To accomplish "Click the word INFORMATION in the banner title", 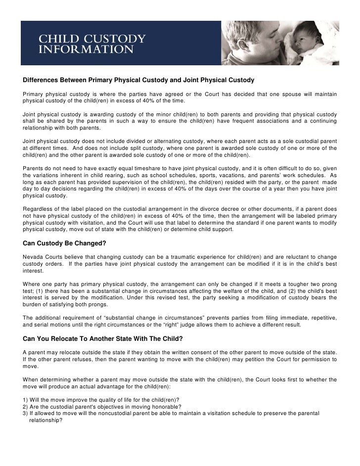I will (86, 50).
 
